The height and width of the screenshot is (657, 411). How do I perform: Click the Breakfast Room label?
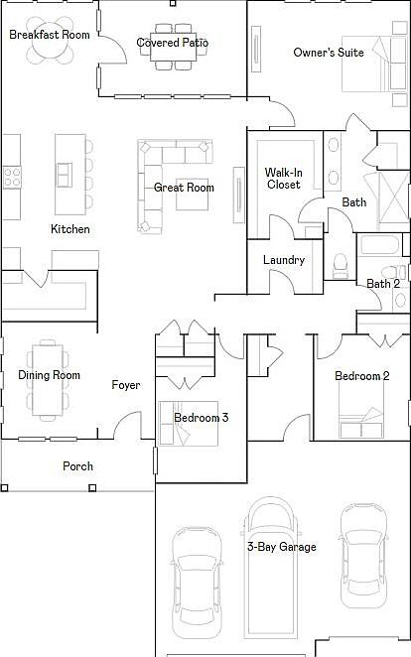click(x=50, y=35)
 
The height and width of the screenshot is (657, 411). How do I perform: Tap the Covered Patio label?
click(x=173, y=43)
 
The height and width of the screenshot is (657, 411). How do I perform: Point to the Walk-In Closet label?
click(x=282, y=179)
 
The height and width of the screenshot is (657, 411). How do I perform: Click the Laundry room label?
click(x=283, y=260)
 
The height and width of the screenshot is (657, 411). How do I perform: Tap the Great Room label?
click(x=184, y=188)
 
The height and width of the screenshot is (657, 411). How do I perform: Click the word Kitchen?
click(x=70, y=229)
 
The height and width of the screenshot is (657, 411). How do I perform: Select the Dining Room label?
click(x=49, y=375)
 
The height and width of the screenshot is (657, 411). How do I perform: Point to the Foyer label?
click(x=126, y=385)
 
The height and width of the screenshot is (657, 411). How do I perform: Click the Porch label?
click(x=78, y=466)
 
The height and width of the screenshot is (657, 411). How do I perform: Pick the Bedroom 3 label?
click(x=202, y=418)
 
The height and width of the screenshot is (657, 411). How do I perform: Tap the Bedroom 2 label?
click(x=362, y=376)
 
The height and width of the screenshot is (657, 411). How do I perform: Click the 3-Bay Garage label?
click(x=282, y=547)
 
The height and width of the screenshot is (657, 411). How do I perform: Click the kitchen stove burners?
click(x=14, y=178)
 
